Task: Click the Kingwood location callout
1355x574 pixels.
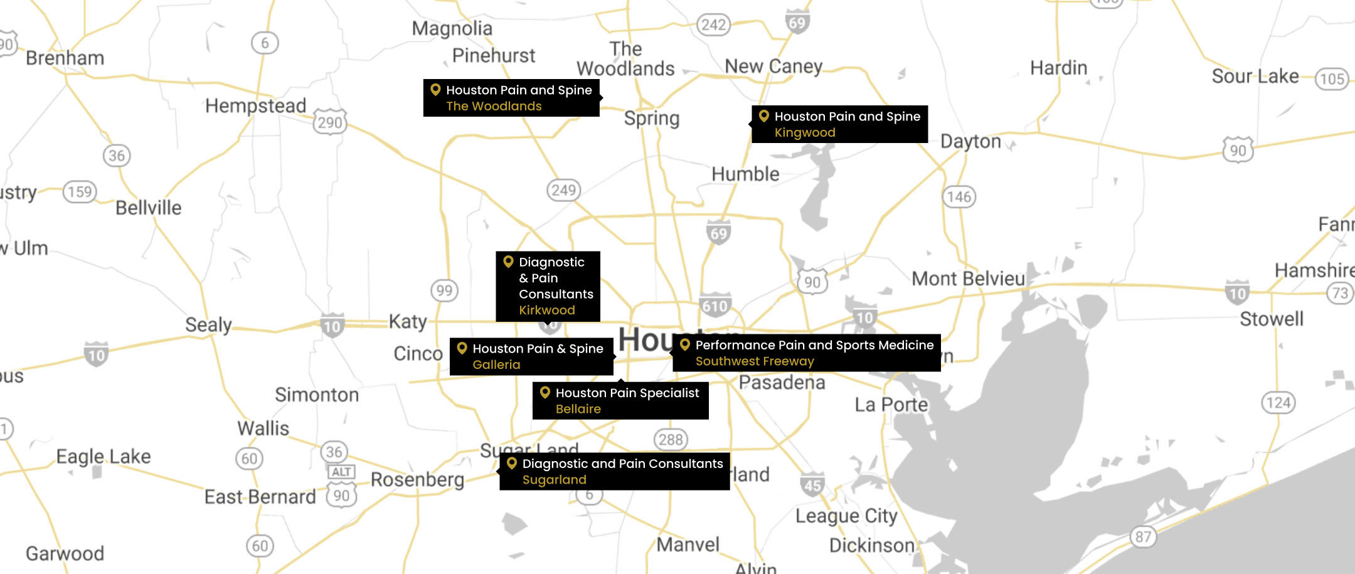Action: coord(839,124)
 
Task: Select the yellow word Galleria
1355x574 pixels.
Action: coord(496,364)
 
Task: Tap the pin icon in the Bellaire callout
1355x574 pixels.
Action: coord(545,393)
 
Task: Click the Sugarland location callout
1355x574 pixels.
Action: coord(614,472)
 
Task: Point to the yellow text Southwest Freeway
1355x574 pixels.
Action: coord(754,361)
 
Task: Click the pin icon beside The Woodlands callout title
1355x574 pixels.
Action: coord(435,90)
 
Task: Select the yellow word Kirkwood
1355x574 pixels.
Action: coord(546,310)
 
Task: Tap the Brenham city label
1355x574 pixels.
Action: coord(65,58)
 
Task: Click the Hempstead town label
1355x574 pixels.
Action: coord(255,105)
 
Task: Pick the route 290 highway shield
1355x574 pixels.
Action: coord(330,122)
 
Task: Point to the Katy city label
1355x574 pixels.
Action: coord(408,321)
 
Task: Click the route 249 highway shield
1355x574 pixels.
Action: coord(563,190)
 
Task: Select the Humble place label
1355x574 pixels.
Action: coord(745,174)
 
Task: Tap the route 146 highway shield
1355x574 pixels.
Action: coord(959,197)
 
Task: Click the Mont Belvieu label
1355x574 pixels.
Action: coord(968,279)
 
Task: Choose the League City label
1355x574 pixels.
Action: coord(846,516)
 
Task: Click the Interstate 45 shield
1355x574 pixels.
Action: coord(812,485)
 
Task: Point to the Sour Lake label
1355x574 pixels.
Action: coord(1255,77)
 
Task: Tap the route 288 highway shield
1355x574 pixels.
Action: coord(671,439)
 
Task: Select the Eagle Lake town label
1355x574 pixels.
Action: coord(104,456)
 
